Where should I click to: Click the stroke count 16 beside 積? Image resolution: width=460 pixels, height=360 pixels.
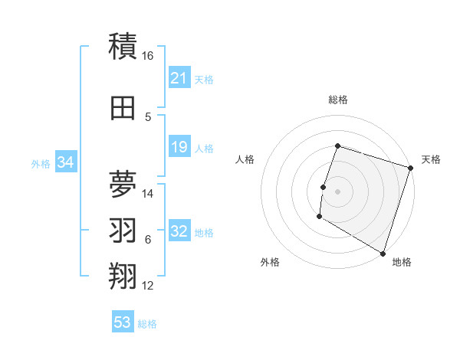point(148,56)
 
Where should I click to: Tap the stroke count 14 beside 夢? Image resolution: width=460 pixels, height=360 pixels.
point(148,194)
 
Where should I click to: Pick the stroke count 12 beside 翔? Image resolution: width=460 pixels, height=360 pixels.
point(148,286)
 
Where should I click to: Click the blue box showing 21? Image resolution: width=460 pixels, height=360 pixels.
point(179,78)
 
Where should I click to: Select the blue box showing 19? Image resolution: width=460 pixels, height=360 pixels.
point(179,148)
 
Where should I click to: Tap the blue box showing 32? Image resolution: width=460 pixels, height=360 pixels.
point(179,232)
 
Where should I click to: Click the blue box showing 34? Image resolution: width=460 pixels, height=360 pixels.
point(65,162)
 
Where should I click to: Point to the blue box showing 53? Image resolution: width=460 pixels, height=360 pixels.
point(123,322)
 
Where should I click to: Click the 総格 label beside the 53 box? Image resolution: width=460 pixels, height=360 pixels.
point(148,324)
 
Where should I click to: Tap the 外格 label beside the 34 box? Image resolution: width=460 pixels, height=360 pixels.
point(41,164)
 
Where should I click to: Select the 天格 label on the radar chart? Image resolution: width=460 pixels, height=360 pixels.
point(431,159)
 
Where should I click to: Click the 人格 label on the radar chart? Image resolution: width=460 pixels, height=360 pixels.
point(245,159)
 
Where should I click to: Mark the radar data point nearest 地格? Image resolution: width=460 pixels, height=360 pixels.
point(383,252)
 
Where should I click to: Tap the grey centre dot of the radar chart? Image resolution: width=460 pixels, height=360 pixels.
point(337,191)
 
